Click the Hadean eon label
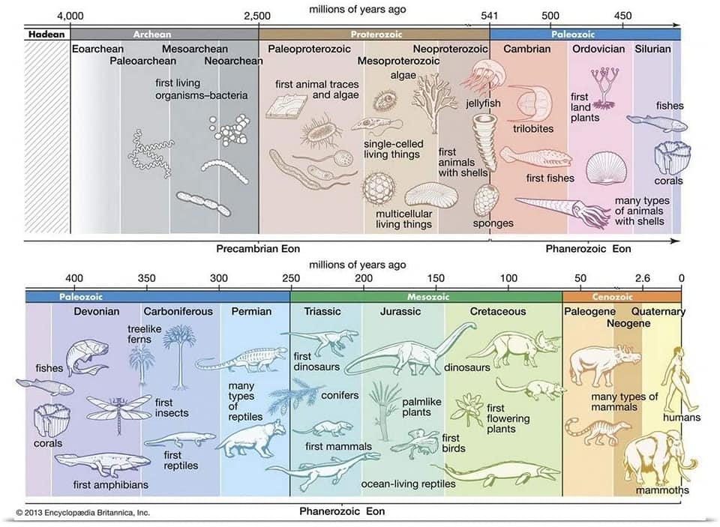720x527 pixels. coord(46,34)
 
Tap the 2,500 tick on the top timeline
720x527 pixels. coord(257,16)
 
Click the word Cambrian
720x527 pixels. coord(526,49)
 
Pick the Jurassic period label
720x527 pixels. coord(401,312)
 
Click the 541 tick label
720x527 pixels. coord(489,16)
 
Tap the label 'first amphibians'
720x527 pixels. coord(111,485)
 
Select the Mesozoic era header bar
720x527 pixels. coord(426,296)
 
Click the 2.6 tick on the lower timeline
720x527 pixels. coord(643,279)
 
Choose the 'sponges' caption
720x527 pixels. coord(493,223)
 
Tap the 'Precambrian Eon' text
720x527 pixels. coord(252,249)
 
